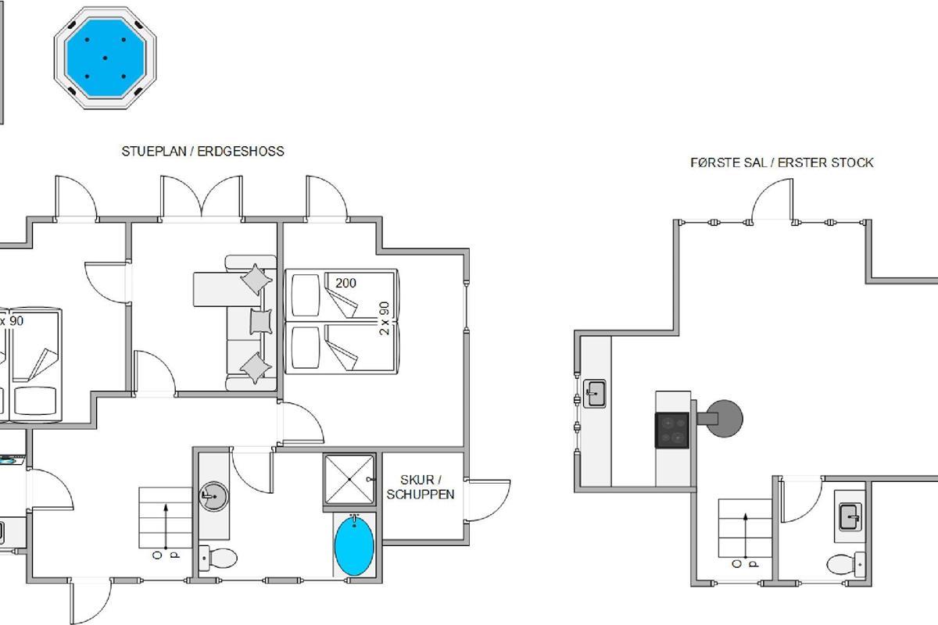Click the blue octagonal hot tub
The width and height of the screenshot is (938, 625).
point(105,58)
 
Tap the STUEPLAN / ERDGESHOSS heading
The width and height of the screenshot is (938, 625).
point(202,151)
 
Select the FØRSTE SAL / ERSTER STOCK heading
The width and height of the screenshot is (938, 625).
point(782,162)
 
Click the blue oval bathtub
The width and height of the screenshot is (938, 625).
point(354,546)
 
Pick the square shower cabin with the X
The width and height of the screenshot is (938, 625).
point(349,480)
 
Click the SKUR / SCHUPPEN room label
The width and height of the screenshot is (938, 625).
point(420,487)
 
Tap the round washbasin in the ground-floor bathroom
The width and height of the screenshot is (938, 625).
point(214,496)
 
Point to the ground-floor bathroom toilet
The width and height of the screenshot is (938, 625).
point(218,558)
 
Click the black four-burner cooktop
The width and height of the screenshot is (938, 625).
point(671,430)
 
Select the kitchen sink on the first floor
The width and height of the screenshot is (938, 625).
point(595,394)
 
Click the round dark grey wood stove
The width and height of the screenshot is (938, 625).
point(723,418)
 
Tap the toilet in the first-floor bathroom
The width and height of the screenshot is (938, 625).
point(846,564)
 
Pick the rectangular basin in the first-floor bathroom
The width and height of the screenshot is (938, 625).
point(850,517)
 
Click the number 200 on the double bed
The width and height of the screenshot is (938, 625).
point(345,283)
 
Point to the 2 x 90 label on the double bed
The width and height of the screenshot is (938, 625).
point(384,318)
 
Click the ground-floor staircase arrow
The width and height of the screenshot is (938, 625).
point(166,527)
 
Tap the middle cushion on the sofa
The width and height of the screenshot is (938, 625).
point(261,321)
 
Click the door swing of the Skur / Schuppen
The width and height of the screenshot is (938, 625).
point(488,500)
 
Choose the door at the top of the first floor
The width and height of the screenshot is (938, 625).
point(772,199)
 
